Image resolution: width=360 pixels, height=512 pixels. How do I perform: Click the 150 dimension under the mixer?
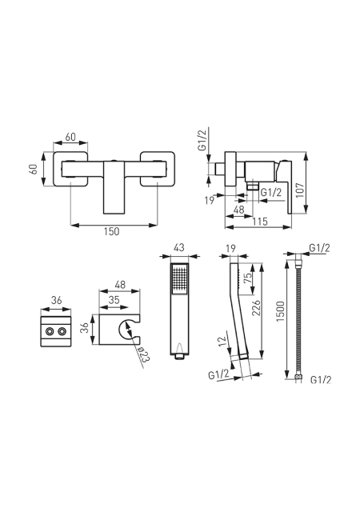point(112,231)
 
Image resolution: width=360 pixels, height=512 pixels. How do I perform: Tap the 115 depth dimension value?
point(260,222)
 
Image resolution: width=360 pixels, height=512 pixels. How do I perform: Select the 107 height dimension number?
point(299,190)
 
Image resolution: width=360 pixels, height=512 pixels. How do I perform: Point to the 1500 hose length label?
point(281,311)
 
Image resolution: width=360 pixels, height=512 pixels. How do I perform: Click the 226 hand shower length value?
point(257,307)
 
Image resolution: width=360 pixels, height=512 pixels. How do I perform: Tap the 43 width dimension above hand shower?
point(178,247)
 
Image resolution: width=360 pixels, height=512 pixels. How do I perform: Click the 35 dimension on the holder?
point(114,299)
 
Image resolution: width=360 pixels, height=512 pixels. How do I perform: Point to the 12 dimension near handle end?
point(222,342)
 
